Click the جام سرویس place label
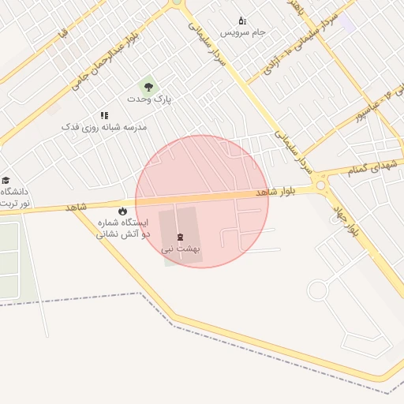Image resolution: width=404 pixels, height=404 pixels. coord(242,32)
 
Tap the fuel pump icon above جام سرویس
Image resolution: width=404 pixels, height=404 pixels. coord(242,21)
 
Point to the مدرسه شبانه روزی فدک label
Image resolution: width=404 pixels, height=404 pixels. coord(104,127)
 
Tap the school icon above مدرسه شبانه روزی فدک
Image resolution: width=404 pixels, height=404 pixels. coord(104,115)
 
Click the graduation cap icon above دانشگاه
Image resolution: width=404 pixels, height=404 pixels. coord(6,181)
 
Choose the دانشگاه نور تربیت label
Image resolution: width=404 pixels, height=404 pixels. coord(15,197)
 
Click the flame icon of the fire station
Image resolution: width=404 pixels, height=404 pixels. coord(122,211)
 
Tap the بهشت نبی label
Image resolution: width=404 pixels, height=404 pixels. coord(181,249)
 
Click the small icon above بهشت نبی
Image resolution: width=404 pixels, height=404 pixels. coord(181,237)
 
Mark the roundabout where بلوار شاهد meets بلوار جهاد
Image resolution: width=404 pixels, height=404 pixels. coord(321,186)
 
